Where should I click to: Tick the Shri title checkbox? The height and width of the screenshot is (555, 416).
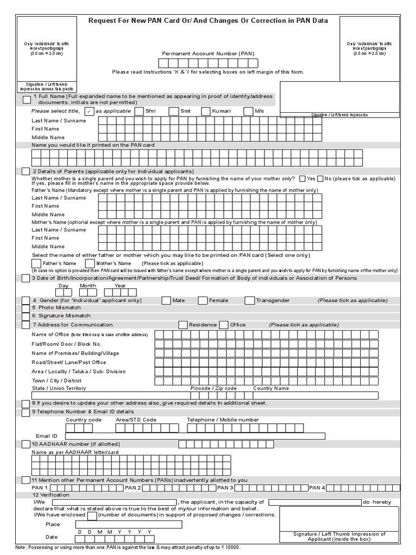140,112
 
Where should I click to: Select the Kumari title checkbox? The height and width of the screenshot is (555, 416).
206,112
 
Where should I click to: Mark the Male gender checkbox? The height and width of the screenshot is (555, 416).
166,300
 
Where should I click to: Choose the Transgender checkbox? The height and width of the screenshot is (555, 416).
249,300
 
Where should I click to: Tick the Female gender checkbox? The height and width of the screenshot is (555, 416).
203,300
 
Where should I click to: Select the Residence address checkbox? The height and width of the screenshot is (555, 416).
183,325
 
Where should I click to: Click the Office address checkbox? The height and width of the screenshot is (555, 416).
224,325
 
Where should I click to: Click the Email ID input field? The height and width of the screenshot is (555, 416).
195,436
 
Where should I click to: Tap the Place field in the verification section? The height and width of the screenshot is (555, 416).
129,524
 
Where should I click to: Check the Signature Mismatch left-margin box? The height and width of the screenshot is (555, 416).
26,316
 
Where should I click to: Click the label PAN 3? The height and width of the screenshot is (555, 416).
225,488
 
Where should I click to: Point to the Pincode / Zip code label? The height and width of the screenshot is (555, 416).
213,389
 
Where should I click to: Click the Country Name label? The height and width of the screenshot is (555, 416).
271,389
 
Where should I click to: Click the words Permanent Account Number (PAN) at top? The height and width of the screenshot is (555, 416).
208,54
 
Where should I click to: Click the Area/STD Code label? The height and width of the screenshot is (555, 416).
136,420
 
